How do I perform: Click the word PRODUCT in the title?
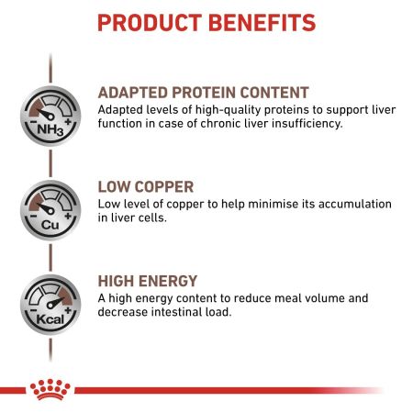(x=149, y=22)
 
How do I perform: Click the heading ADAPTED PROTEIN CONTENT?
(x=203, y=93)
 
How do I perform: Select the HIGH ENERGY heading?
(x=147, y=281)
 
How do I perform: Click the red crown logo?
(x=48, y=389)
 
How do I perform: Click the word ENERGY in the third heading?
(x=171, y=281)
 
